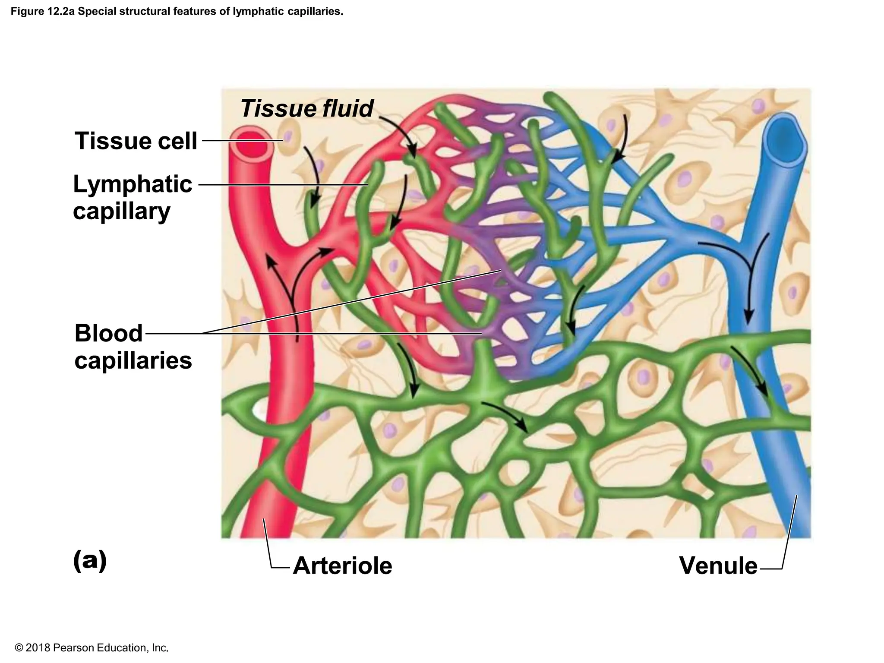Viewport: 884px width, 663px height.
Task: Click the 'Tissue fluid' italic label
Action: pos(306,108)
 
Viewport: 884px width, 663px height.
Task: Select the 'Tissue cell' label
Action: pos(136,141)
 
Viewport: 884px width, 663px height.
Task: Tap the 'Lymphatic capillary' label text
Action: pos(132,197)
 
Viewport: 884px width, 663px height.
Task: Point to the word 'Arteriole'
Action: pos(342,565)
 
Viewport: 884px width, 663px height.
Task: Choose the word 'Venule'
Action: pos(718,565)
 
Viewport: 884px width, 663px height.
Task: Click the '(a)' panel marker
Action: pos(90,560)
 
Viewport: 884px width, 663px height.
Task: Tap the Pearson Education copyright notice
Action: pos(92,647)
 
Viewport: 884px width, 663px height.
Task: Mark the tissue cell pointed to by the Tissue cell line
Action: pos(288,138)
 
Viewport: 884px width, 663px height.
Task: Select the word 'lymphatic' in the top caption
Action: pos(253,12)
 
